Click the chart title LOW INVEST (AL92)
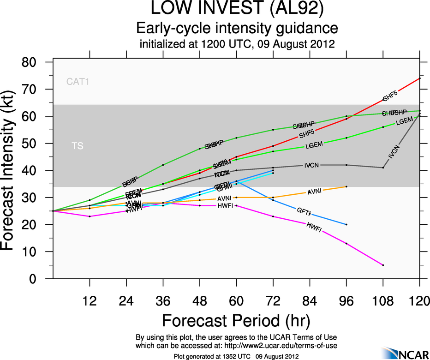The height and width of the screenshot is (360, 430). pos(237,10)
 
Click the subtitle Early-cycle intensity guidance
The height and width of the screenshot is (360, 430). pos(237,28)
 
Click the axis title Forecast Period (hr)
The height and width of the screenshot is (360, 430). pos(236,320)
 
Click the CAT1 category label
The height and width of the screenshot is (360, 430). pos(78,82)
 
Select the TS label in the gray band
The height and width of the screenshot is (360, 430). pos(78,146)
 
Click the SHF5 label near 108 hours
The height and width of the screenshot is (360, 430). pos(390,96)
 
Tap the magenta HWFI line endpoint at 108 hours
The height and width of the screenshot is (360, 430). pos(383,265)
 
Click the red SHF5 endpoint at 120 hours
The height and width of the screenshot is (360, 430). pos(419,78)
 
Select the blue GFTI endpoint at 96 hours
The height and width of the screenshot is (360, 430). pos(346,224)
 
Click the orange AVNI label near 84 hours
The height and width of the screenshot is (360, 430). pos(315,191)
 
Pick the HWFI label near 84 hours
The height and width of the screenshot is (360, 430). pos(314,228)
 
